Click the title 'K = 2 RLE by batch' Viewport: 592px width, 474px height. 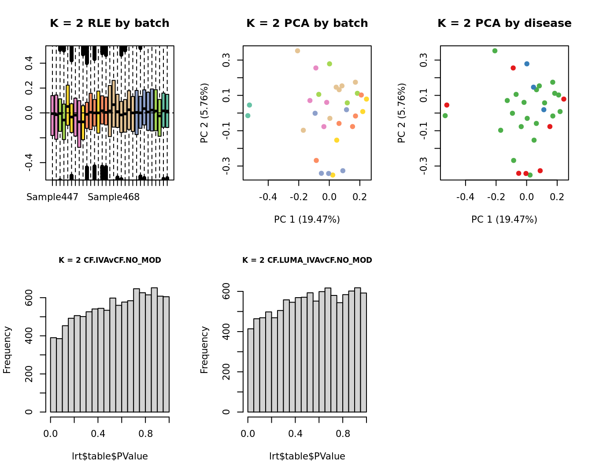coord(109,23)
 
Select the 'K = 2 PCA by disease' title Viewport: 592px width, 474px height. coord(504,23)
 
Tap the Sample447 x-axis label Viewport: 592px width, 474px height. coord(52,197)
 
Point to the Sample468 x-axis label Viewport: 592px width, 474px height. coord(114,197)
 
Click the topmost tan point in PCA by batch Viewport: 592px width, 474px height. coord(297,51)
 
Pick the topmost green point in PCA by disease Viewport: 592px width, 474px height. coord(495,51)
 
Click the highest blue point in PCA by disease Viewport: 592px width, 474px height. coord(527,64)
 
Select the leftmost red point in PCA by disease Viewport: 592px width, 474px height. coord(447,105)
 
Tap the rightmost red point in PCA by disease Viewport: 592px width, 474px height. coord(564,99)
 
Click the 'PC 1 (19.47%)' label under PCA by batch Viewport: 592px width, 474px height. coord(307,219)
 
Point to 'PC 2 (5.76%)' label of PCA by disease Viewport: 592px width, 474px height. coord(401,113)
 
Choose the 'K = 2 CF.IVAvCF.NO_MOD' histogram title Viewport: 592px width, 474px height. coord(110,260)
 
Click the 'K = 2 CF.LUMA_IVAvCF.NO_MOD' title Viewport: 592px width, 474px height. coord(307,260)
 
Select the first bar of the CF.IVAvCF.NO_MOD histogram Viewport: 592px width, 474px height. coord(53,375)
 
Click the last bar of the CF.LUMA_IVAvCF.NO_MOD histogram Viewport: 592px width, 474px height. coord(363,353)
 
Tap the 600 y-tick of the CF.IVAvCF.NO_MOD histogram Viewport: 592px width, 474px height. coord(29,298)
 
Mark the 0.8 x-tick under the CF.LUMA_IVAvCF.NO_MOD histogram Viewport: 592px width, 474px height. coord(343,433)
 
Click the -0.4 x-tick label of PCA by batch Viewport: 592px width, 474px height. coord(268,197)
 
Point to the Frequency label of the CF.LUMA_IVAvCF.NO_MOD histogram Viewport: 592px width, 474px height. coord(204,350)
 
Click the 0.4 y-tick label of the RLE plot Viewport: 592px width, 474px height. coord(29,63)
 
